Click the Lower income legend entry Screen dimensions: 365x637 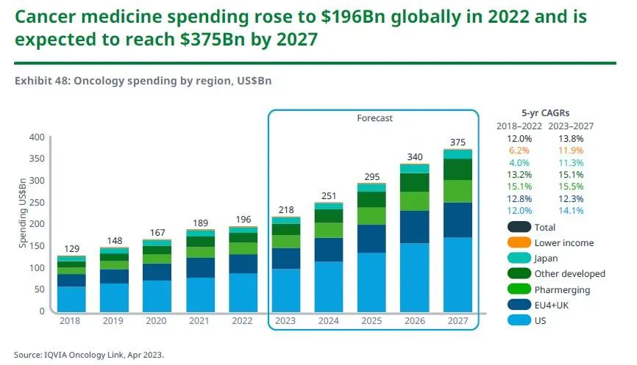[x=564, y=242]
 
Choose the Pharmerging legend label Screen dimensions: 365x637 [x=562, y=290]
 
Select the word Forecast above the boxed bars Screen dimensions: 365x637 [x=375, y=118]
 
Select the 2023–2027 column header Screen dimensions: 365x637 [x=573, y=126]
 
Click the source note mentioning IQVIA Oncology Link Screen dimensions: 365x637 [x=89, y=355]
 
